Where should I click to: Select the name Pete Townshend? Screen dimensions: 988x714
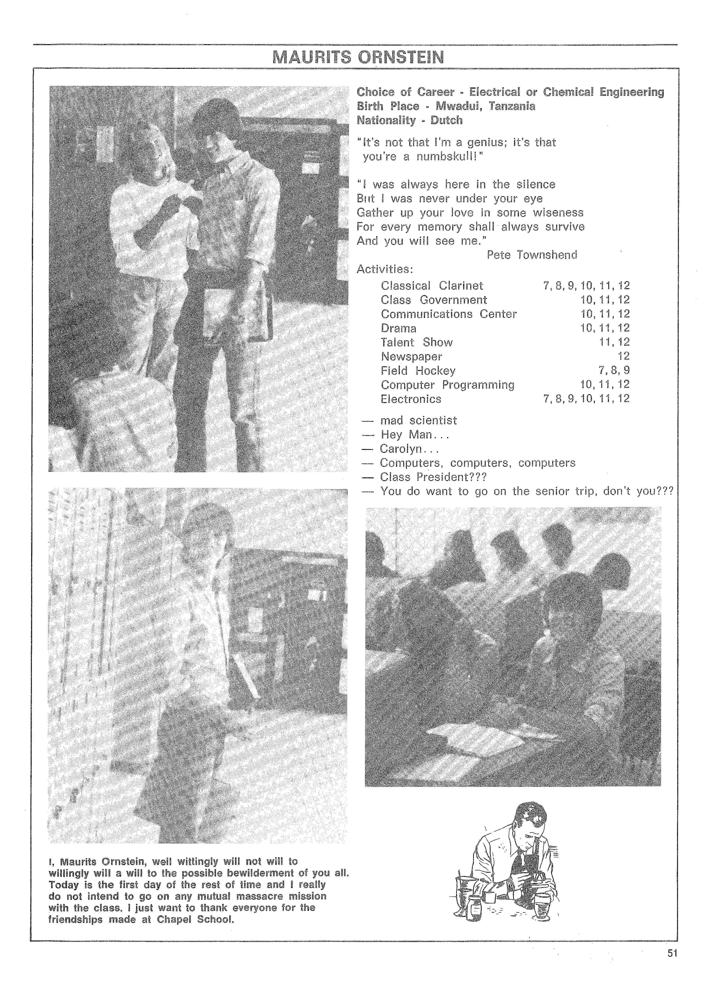(531, 255)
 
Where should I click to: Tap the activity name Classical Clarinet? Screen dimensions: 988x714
(432, 286)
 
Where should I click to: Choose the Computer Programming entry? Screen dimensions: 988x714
(447, 385)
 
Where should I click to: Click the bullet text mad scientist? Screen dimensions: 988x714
(418, 420)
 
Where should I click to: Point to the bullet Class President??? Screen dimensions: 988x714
(433, 477)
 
